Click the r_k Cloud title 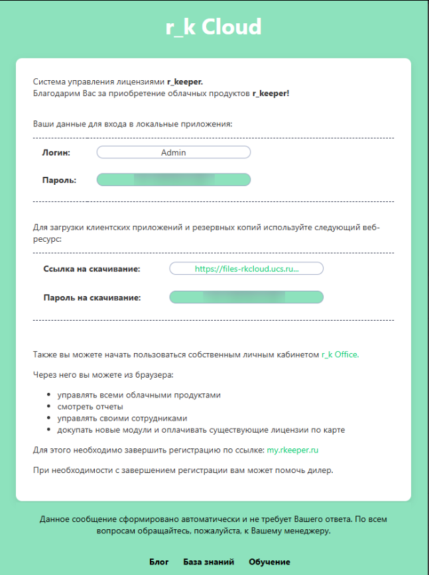pos(214,27)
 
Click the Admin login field pos(174,152)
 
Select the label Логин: pos(56,152)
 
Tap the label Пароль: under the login pos(59,180)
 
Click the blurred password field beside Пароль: pos(174,180)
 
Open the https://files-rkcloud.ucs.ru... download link pos(247,269)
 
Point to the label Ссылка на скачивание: pos(92,269)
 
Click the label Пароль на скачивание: pos(92,297)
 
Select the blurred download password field pos(247,297)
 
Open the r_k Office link pos(339,355)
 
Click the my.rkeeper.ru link pos(292,450)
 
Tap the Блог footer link pos(158,562)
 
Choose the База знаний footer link pos(208,562)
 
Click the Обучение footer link pos(269,562)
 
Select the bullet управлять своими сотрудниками pos(122,419)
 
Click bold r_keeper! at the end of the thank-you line pos(271,94)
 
